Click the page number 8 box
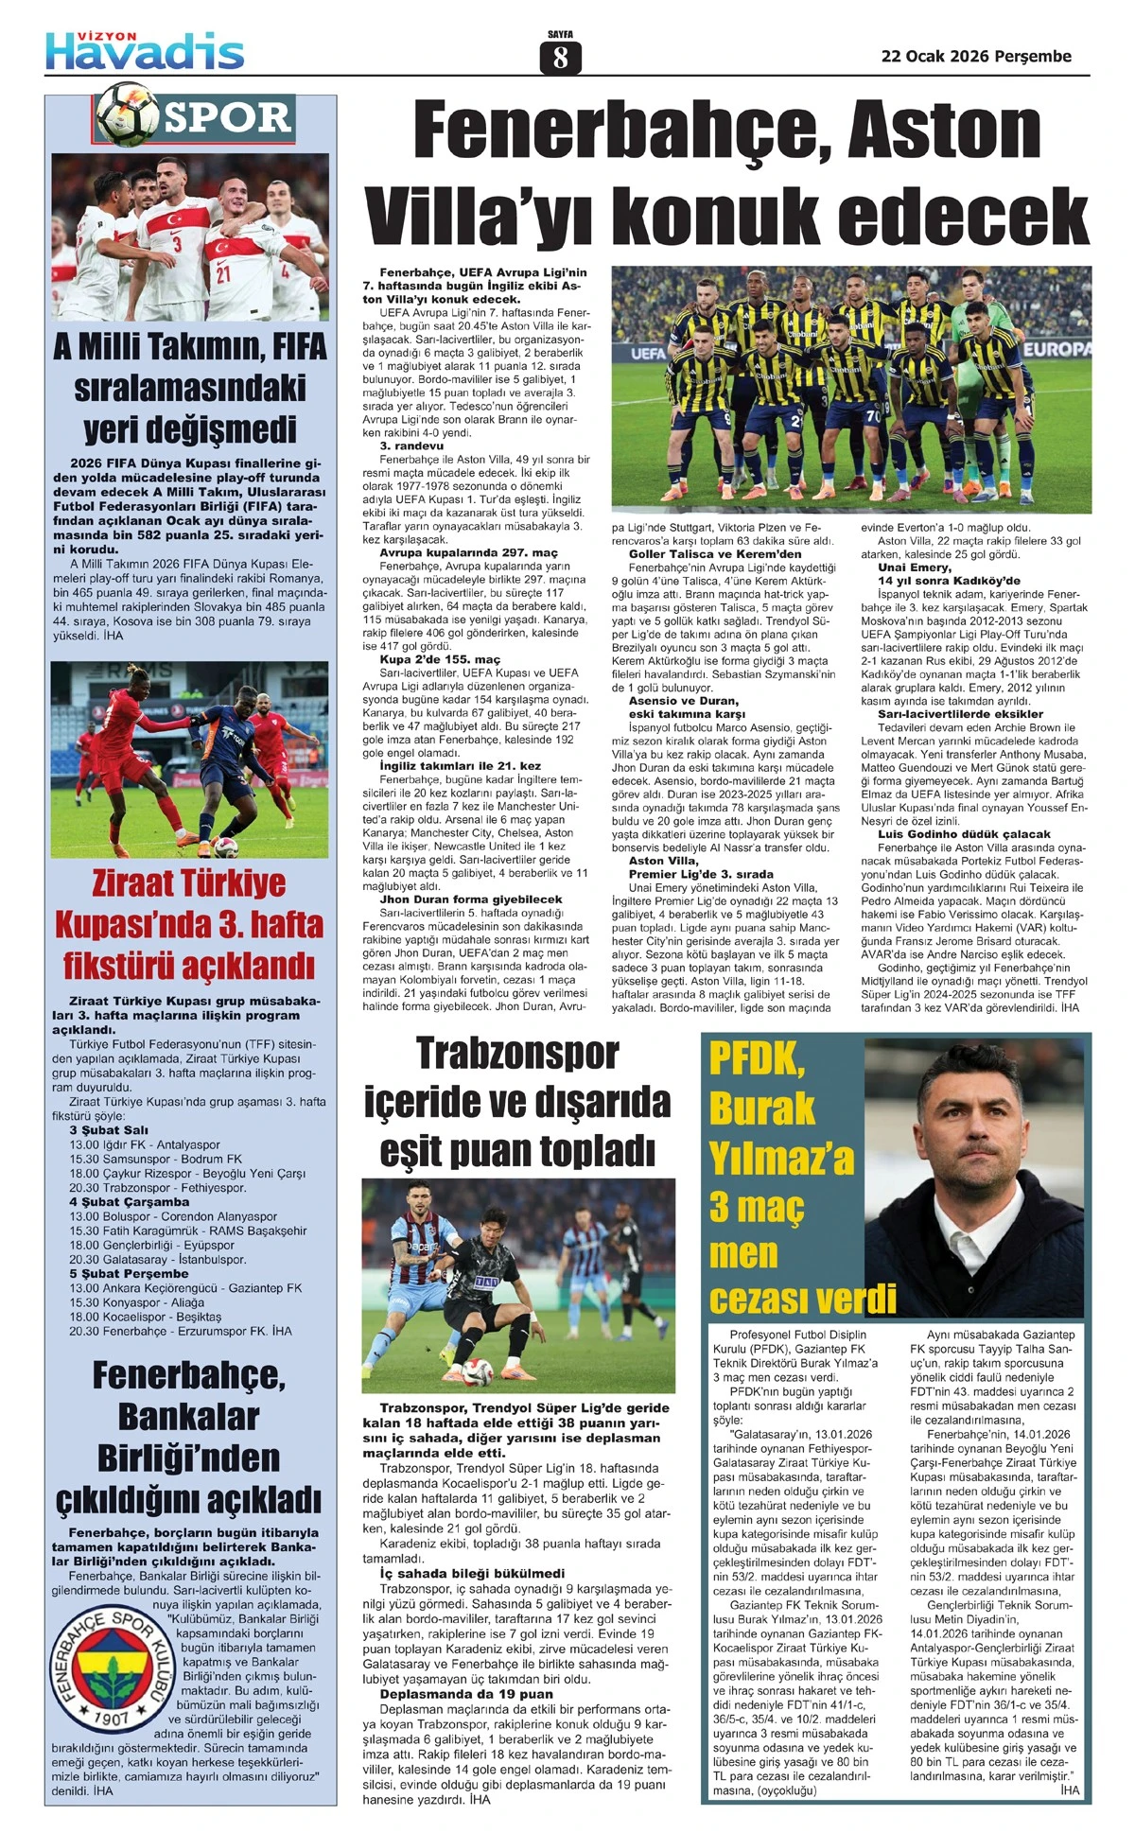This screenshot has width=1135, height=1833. (x=560, y=58)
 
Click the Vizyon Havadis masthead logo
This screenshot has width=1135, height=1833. (x=145, y=50)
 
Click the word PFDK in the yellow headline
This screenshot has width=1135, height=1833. (x=757, y=1059)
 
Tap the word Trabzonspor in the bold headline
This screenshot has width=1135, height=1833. (x=516, y=1053)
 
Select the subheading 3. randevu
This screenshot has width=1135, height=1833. (x=411, y=445)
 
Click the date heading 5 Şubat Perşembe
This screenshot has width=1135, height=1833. (x=129, y=1273)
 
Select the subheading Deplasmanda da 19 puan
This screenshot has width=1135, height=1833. (x=466, y=1694)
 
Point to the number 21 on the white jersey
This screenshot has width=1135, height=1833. (x=223, y=274)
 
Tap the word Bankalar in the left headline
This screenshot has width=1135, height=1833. (x=188, y=1416)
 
